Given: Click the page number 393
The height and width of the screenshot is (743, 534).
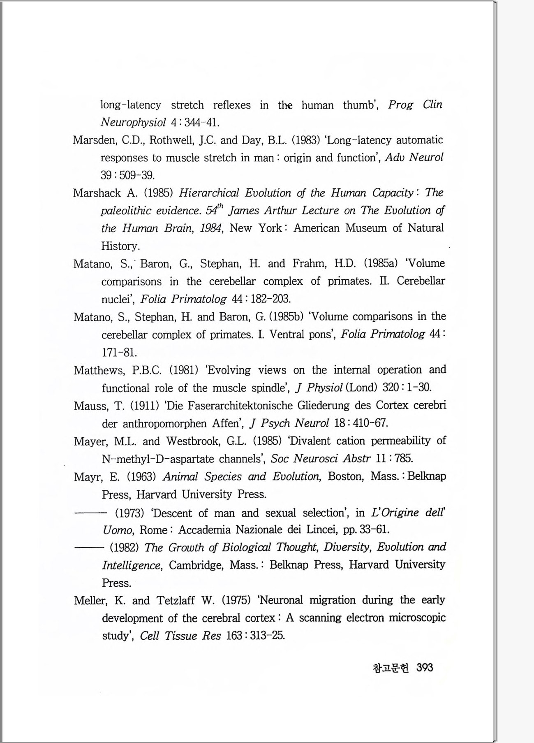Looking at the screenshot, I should pos(425,667).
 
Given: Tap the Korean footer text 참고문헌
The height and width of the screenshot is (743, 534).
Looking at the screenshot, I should pos(391,668).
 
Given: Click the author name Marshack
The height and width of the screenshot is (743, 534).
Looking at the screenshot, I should pos(97,193).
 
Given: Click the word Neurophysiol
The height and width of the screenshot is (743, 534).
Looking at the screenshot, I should pos(133,123).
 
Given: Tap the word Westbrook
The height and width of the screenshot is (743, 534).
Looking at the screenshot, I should pos(193,441).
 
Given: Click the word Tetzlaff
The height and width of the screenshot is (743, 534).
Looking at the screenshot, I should pos(176,600).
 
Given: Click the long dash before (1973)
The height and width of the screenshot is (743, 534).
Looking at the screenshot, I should pos(90,513).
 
